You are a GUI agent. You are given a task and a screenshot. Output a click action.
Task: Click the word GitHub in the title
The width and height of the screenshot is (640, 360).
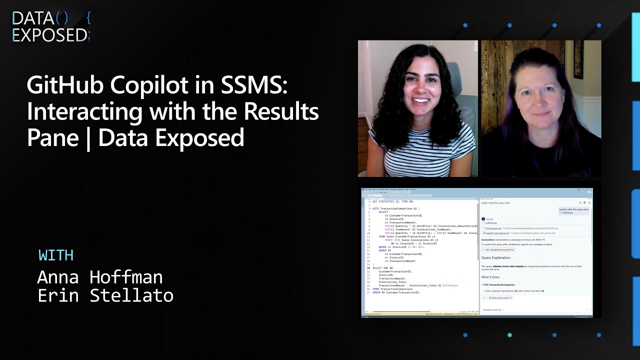point(64,85)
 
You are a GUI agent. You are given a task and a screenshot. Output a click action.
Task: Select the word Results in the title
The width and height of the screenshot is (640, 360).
point(281,111)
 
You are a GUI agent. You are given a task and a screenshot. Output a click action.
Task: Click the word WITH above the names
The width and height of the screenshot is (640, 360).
point(56,255)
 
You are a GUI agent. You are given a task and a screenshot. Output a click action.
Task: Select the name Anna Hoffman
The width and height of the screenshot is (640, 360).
point(100,277)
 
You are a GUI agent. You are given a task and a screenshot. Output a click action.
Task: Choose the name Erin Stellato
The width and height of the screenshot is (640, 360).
point(105,295)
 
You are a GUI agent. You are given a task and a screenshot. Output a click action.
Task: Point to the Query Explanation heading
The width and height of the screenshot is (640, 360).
point(495,258)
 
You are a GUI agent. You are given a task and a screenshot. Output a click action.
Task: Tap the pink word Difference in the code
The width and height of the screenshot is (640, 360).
point(450,285)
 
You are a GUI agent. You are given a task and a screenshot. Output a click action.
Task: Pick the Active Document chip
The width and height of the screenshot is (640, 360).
point(500,298)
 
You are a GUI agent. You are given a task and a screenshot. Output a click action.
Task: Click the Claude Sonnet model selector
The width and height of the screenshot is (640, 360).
point(492,310)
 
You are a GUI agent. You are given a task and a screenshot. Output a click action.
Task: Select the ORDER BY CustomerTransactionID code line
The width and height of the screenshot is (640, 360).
point(396,292)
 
